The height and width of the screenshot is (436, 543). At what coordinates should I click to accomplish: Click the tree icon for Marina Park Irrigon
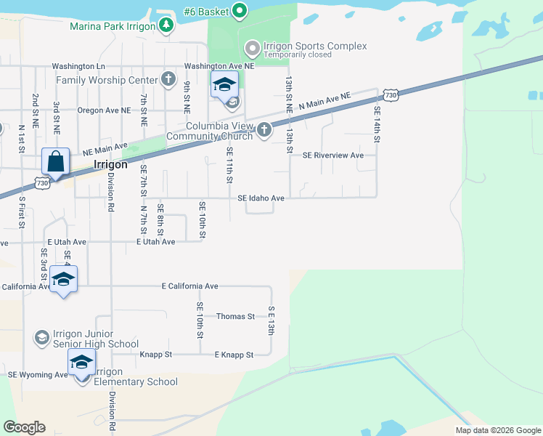click(x=167, y=26)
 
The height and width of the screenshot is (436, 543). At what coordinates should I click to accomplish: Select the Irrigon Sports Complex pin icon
click(x=253, y=49)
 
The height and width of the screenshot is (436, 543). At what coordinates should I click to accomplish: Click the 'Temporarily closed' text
click(x=298, y=54)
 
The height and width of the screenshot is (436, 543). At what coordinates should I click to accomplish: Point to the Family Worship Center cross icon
click(x=168, y=79)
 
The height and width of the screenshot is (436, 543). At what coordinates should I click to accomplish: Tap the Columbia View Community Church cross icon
click(x=264, y=130)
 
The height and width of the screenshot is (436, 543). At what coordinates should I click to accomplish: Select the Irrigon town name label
click(x=111, y=164)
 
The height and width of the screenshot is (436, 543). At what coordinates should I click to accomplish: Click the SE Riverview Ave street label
click(x=333, y=155)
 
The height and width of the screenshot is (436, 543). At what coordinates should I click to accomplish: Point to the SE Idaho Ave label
click(x=261, y=198)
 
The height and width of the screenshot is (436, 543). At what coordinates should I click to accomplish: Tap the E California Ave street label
click(x=189, y=286)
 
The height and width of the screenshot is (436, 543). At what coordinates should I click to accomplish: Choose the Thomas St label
click(x=236, y=316)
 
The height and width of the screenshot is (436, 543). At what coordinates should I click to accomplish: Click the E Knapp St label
click(x=233, y=355)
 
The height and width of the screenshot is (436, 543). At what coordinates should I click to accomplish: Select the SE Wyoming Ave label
click(x=37, y=374)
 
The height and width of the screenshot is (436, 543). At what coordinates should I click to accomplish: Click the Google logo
click(x=25, y=427)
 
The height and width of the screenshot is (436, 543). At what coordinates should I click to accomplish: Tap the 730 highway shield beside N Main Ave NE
click(x=391, y=95)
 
